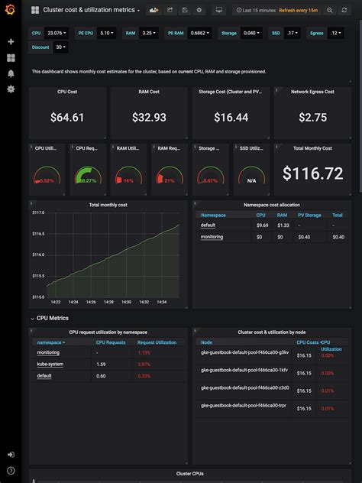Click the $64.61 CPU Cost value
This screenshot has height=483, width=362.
67,117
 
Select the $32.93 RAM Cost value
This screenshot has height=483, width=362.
149,117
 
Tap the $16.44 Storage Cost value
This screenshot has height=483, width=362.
231,117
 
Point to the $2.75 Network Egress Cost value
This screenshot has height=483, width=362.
312,117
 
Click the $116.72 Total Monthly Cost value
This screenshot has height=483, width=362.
312,173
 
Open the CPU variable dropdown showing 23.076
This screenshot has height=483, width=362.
56,34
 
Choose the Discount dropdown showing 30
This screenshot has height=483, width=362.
60,47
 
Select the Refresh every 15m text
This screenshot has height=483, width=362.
298,10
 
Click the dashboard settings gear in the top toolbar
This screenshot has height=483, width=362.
199,10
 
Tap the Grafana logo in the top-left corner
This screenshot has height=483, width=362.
11,10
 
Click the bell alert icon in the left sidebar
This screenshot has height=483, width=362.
11,73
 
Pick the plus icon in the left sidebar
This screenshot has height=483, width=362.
11,42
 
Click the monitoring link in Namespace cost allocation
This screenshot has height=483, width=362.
212,237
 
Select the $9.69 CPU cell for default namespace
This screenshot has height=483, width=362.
262,225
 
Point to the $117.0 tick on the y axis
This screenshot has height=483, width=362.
38,212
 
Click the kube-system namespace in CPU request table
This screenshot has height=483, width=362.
50,364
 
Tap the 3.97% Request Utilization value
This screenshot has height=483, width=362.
144,364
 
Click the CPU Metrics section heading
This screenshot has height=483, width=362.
53,317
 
